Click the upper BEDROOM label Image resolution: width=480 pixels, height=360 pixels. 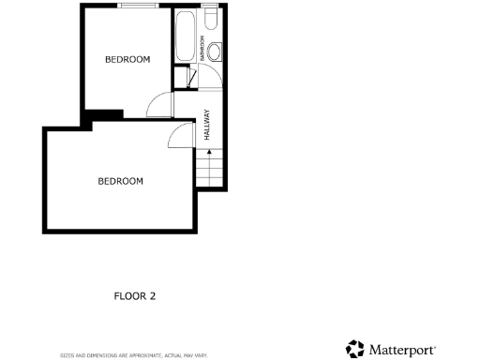click(x=127, y=60)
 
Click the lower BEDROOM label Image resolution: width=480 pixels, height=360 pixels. click(x=120, y=181)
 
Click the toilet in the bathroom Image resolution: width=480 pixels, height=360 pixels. click(x=211, y=20)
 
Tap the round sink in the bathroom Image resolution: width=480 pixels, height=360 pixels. click(x=215, y=51)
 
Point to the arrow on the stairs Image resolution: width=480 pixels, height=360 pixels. click(x=208, y=152)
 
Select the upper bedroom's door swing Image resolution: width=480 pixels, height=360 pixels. click(x=159, y=104)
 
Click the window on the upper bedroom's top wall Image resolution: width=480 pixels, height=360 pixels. click(x=138, y=8)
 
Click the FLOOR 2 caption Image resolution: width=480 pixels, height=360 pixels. click(x=134, y=296)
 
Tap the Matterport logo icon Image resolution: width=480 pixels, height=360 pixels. click(x=354, y=349)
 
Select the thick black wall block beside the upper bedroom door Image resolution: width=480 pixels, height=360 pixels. click(x=103, y=116)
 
